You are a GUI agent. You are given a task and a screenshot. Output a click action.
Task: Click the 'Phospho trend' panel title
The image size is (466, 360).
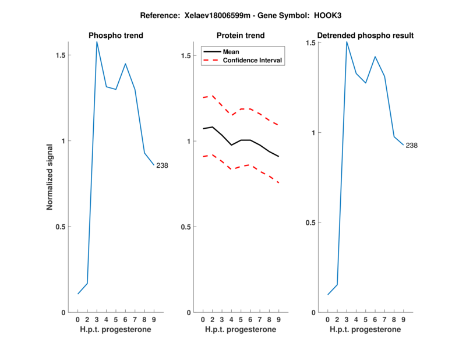tap(116, 36)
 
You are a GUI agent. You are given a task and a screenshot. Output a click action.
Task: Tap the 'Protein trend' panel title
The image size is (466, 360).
tap(241, 36)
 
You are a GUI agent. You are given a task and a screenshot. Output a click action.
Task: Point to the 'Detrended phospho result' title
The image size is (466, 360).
tap(365, 36)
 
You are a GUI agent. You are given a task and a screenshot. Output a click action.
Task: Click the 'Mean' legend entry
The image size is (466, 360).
tap(231, 51)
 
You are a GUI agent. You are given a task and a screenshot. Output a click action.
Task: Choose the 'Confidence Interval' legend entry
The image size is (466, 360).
tap(253, 60)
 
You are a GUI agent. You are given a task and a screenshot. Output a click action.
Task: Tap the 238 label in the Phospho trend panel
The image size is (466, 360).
tap(162, 166)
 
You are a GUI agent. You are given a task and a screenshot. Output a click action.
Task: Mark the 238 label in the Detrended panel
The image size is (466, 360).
tap(411, 146)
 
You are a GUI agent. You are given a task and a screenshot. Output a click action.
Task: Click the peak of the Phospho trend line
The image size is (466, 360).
tap(97, 41)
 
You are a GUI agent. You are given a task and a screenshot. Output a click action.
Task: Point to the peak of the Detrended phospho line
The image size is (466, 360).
tap(347, 41)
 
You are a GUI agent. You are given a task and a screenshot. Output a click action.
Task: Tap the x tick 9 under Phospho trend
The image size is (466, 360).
tap(154, 320)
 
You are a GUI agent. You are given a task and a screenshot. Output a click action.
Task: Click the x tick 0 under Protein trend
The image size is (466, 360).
tap(203, 320)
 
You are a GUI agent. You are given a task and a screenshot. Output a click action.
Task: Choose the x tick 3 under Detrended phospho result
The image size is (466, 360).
tap(347, 320)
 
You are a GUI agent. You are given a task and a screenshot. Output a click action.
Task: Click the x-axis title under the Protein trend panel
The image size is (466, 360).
tap(241, 330)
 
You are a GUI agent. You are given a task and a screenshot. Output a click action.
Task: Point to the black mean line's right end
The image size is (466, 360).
tap(278, 157)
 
